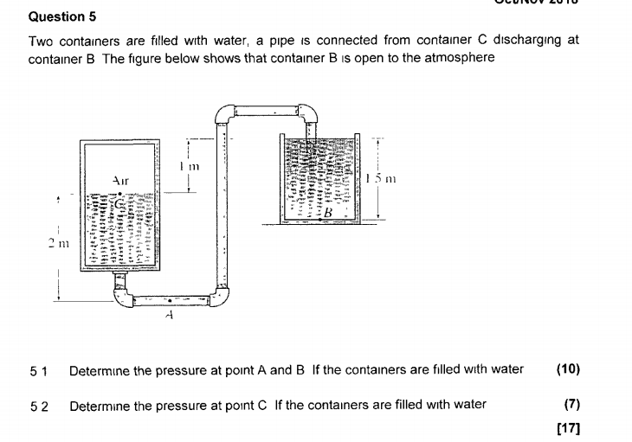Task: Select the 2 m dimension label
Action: point(56,247)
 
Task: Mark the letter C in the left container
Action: point(122,204)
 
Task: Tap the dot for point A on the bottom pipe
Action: point(169,302)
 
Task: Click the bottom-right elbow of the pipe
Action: point(220,297)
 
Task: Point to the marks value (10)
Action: point(568,369)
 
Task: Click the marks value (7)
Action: point(571,404)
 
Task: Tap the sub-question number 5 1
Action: point(38,370)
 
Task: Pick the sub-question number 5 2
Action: point(38,405)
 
